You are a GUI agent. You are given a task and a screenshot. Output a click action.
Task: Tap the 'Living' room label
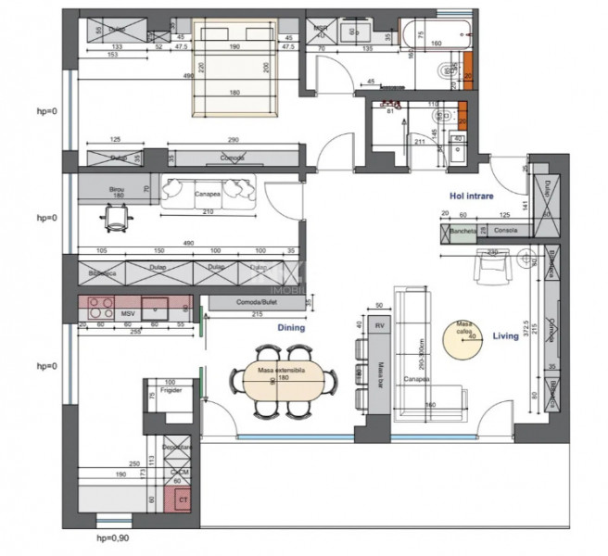point(505,336)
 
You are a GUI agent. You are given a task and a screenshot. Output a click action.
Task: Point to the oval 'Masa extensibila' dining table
point(278,377)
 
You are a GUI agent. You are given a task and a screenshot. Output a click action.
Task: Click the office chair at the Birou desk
point(116,218)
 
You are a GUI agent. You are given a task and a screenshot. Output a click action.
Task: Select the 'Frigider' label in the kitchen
point(170,391)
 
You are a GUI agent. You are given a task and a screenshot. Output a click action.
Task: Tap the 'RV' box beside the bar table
point(379,325)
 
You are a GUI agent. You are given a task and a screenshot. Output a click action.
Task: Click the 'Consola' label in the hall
point(505,231)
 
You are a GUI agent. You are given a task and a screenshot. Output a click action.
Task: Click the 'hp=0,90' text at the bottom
point(120,537)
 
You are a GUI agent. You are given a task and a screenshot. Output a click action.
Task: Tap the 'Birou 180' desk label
point(118,191)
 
